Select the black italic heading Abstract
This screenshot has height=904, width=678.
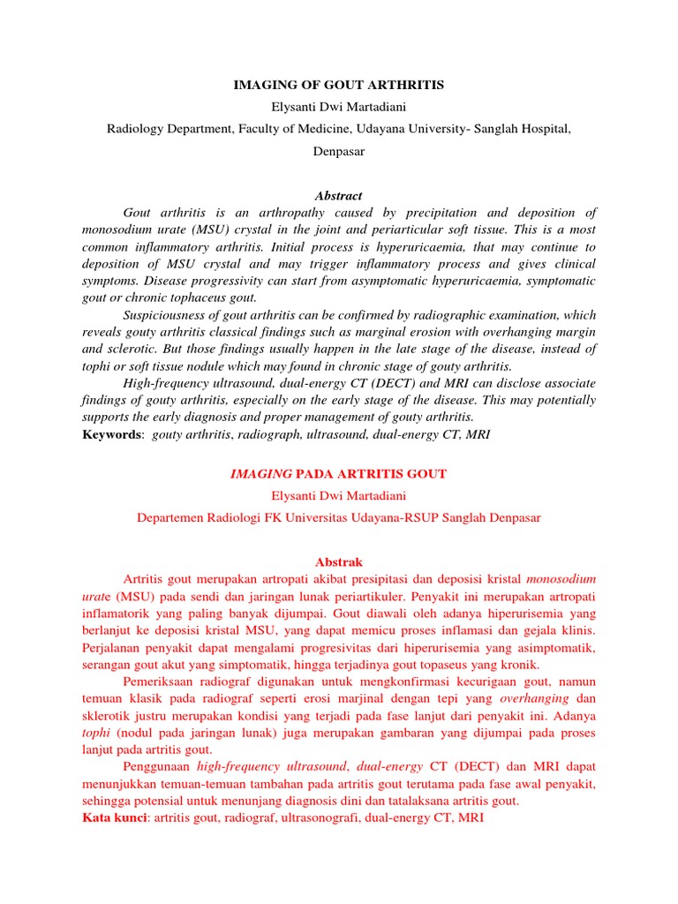coord(338,196)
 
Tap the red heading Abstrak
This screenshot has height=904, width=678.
coord(338,561)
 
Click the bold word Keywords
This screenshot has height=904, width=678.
coord(111,435)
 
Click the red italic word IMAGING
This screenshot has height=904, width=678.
coord(256,474)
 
